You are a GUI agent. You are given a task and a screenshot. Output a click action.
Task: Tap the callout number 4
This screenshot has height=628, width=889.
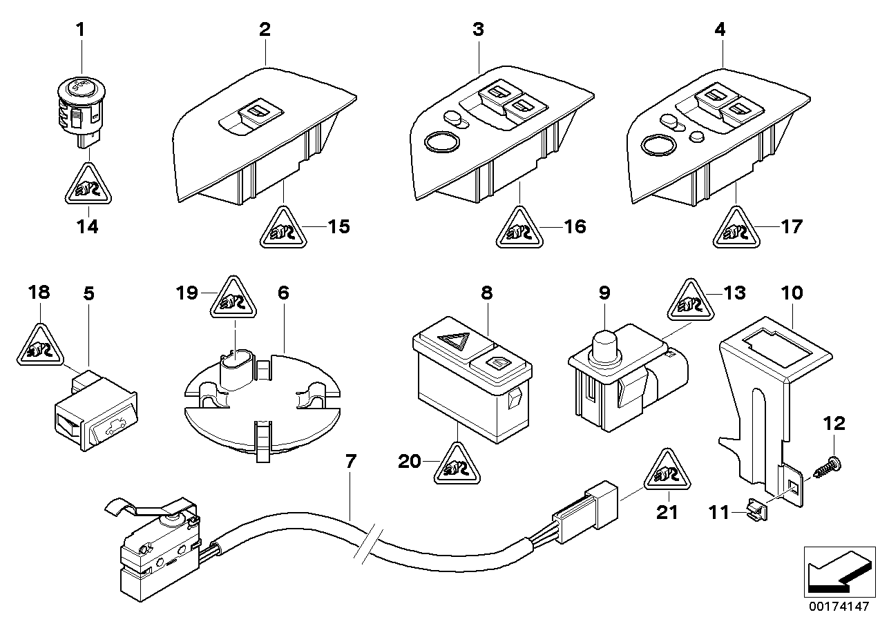pos(721,30)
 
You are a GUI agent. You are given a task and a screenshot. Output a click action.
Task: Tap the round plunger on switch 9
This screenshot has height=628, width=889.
pos(604,344)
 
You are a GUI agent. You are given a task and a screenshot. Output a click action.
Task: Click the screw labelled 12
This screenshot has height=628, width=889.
pos(831,464)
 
